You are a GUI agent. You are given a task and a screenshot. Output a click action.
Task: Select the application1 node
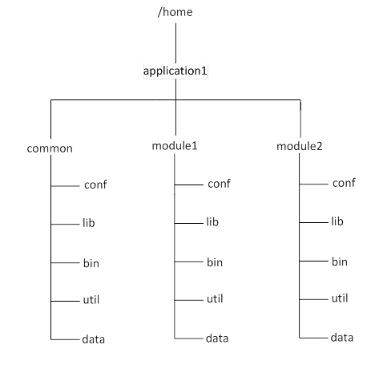[x=175, y=71]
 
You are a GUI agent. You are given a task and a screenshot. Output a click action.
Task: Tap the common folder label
[x=50, y=148]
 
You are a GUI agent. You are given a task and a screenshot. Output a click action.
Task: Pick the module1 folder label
[x=175, y=147]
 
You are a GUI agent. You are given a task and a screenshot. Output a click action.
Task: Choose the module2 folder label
[x=300, y=147]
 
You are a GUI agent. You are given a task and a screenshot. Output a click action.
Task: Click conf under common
[x=95, y=185]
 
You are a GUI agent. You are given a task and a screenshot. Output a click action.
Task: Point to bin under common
[x=91, y=262]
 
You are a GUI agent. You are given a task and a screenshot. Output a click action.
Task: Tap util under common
[x=91, y=301]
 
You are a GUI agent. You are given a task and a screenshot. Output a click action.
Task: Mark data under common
[x=93, y=339]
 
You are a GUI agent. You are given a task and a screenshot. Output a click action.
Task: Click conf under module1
[x=219, y=184]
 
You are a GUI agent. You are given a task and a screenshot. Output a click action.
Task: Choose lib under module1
[x=212, y=222]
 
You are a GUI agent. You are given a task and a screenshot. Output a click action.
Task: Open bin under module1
[x=215, y=262]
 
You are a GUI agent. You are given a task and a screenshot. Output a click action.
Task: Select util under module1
[x=215, y=299]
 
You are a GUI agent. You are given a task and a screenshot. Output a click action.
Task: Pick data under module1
[x=217, y=339]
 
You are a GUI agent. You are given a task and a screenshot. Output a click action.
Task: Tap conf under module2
[x=344, y=183]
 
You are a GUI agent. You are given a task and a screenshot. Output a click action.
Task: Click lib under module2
[x=337, y=221]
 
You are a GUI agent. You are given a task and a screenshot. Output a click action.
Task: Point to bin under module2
[x=340, y=261]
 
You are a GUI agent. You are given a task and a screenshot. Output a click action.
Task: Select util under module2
[x=340, y=298]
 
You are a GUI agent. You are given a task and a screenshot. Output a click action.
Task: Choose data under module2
[x=342, y=337]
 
